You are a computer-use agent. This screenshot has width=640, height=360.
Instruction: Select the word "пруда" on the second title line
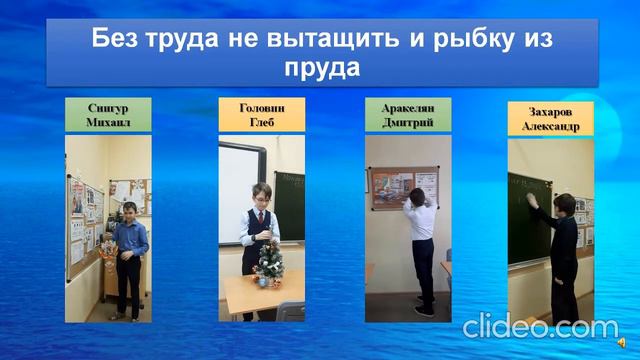tap(320, 68)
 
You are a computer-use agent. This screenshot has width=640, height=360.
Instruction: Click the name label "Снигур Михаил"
tap(107, 114)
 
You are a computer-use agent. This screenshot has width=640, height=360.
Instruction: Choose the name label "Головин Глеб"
tap(262, 114)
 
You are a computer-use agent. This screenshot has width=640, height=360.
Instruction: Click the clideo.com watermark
tap(540, 327)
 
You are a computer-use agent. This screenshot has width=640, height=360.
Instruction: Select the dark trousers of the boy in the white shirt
tap(424, 283)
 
